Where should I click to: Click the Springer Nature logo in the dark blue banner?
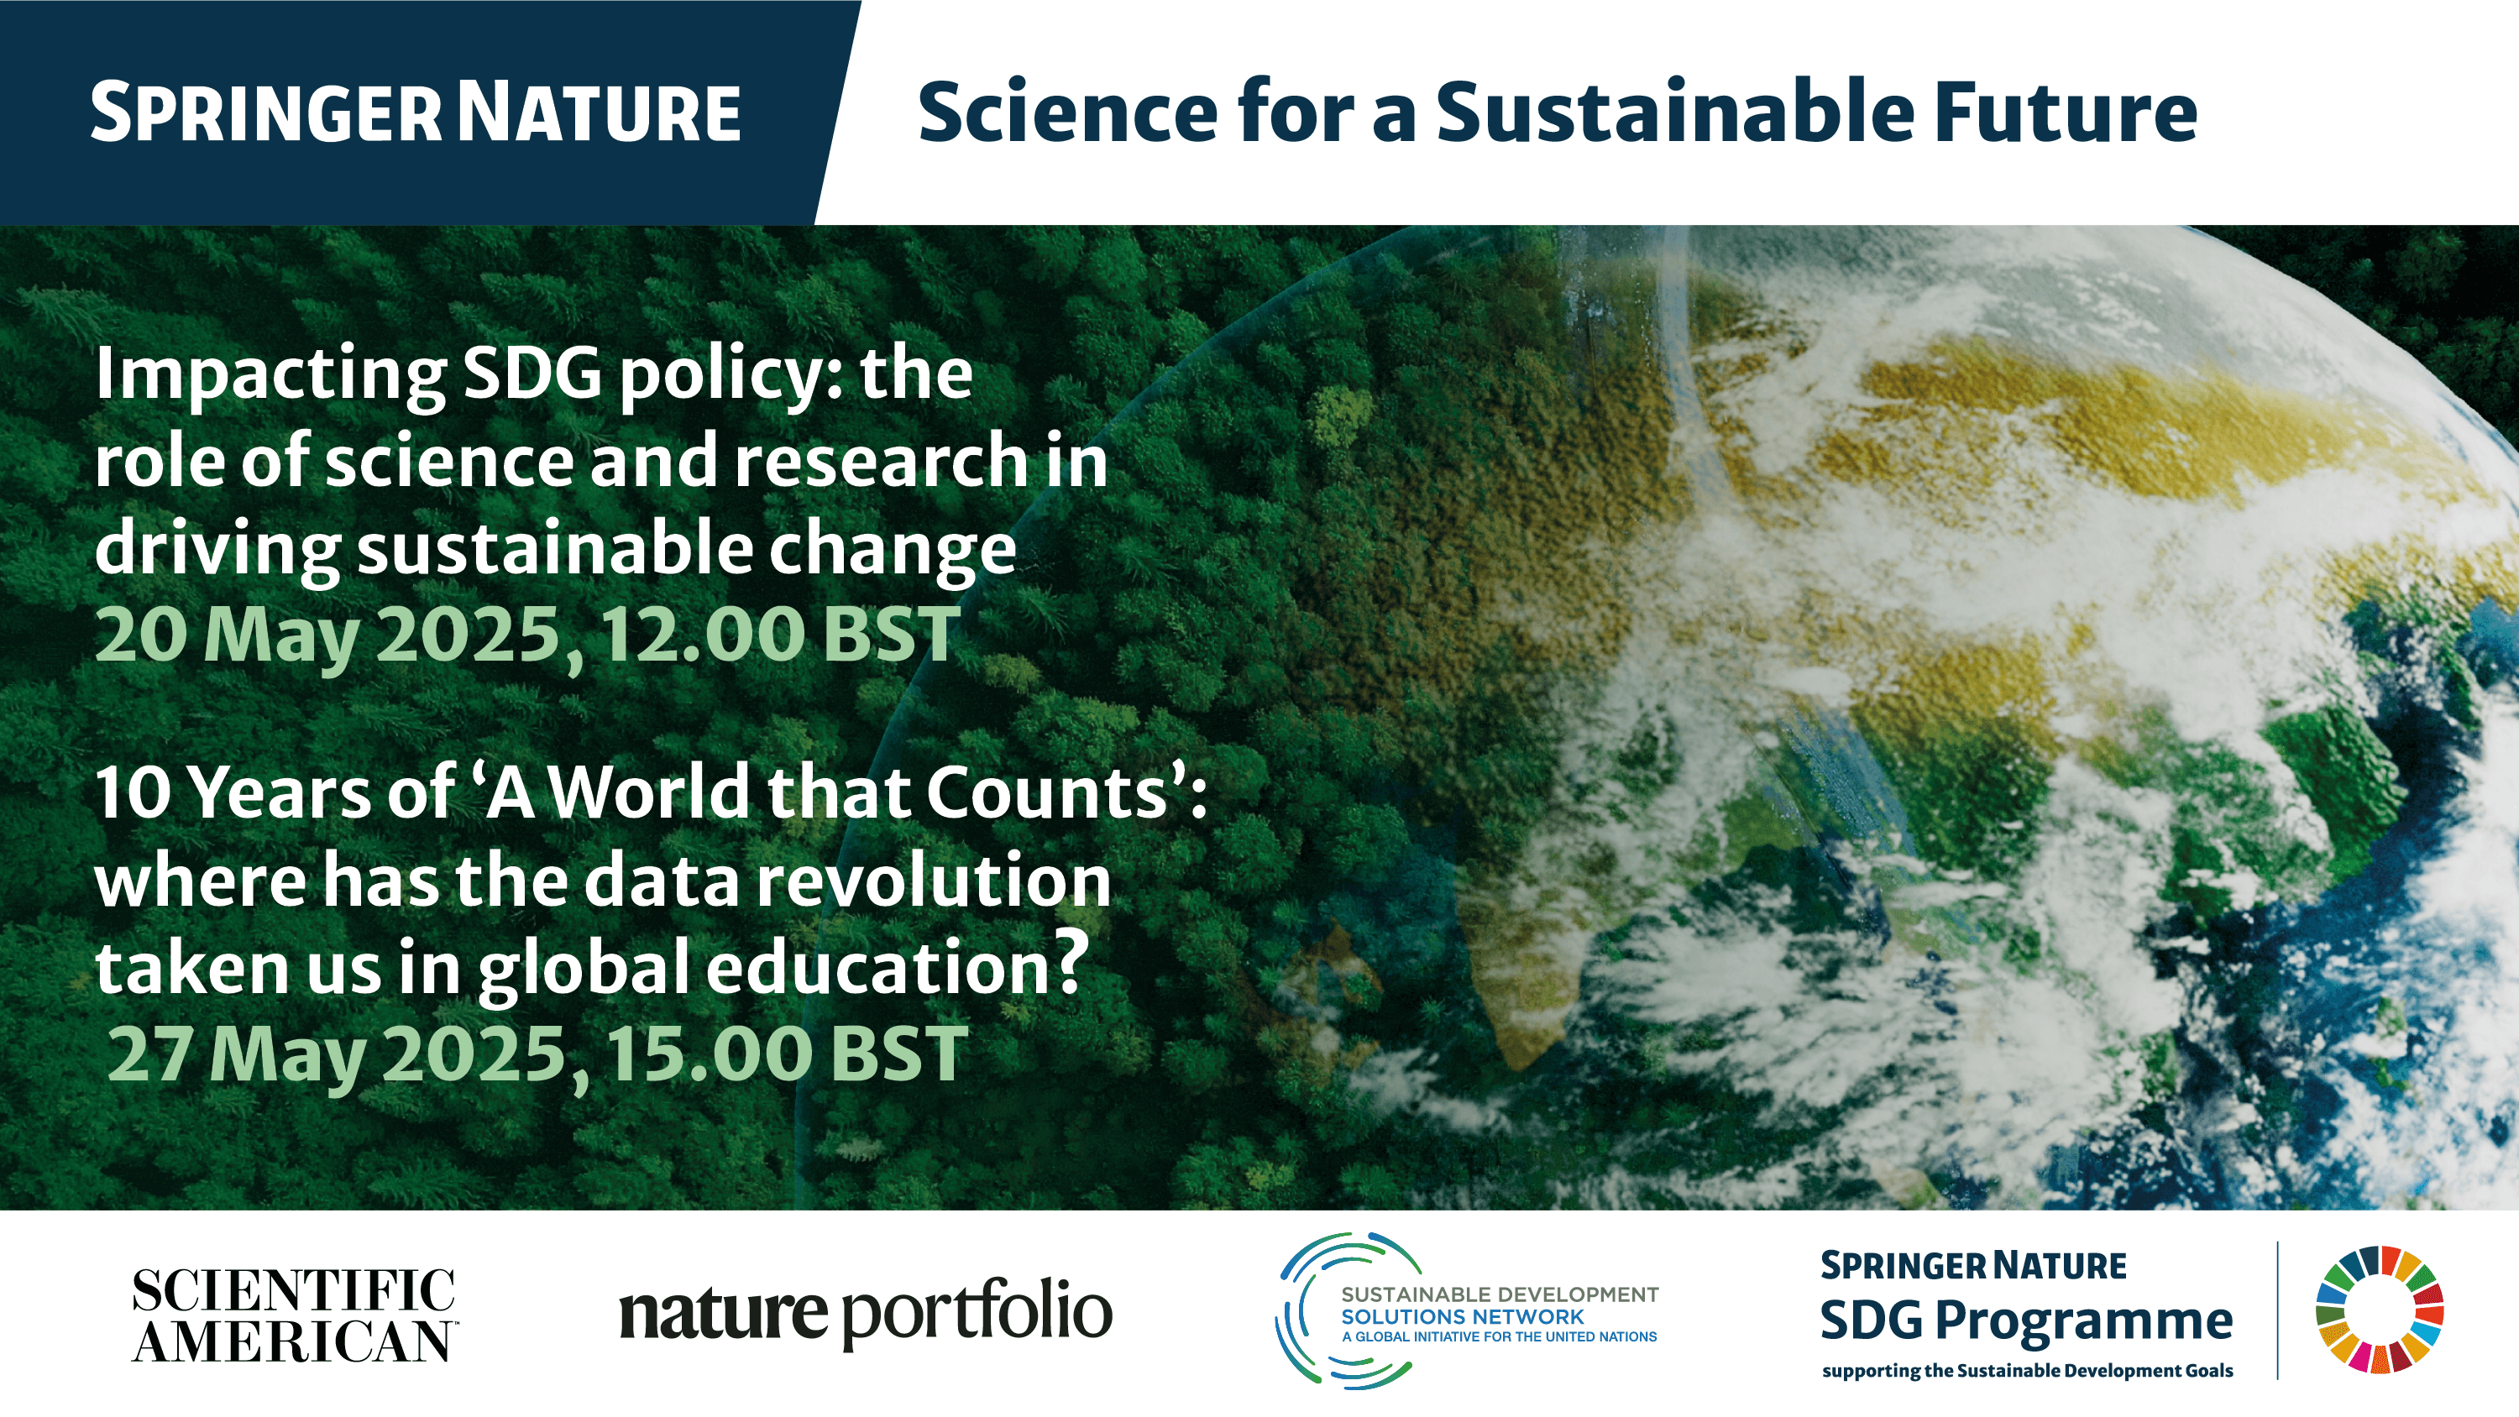pos(416,113)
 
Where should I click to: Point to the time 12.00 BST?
pos(780,635)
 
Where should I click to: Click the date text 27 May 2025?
pos(338,1056)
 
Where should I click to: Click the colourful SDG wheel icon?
pos(2379,1310)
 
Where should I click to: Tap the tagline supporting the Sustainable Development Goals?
pos(2027,1371)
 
